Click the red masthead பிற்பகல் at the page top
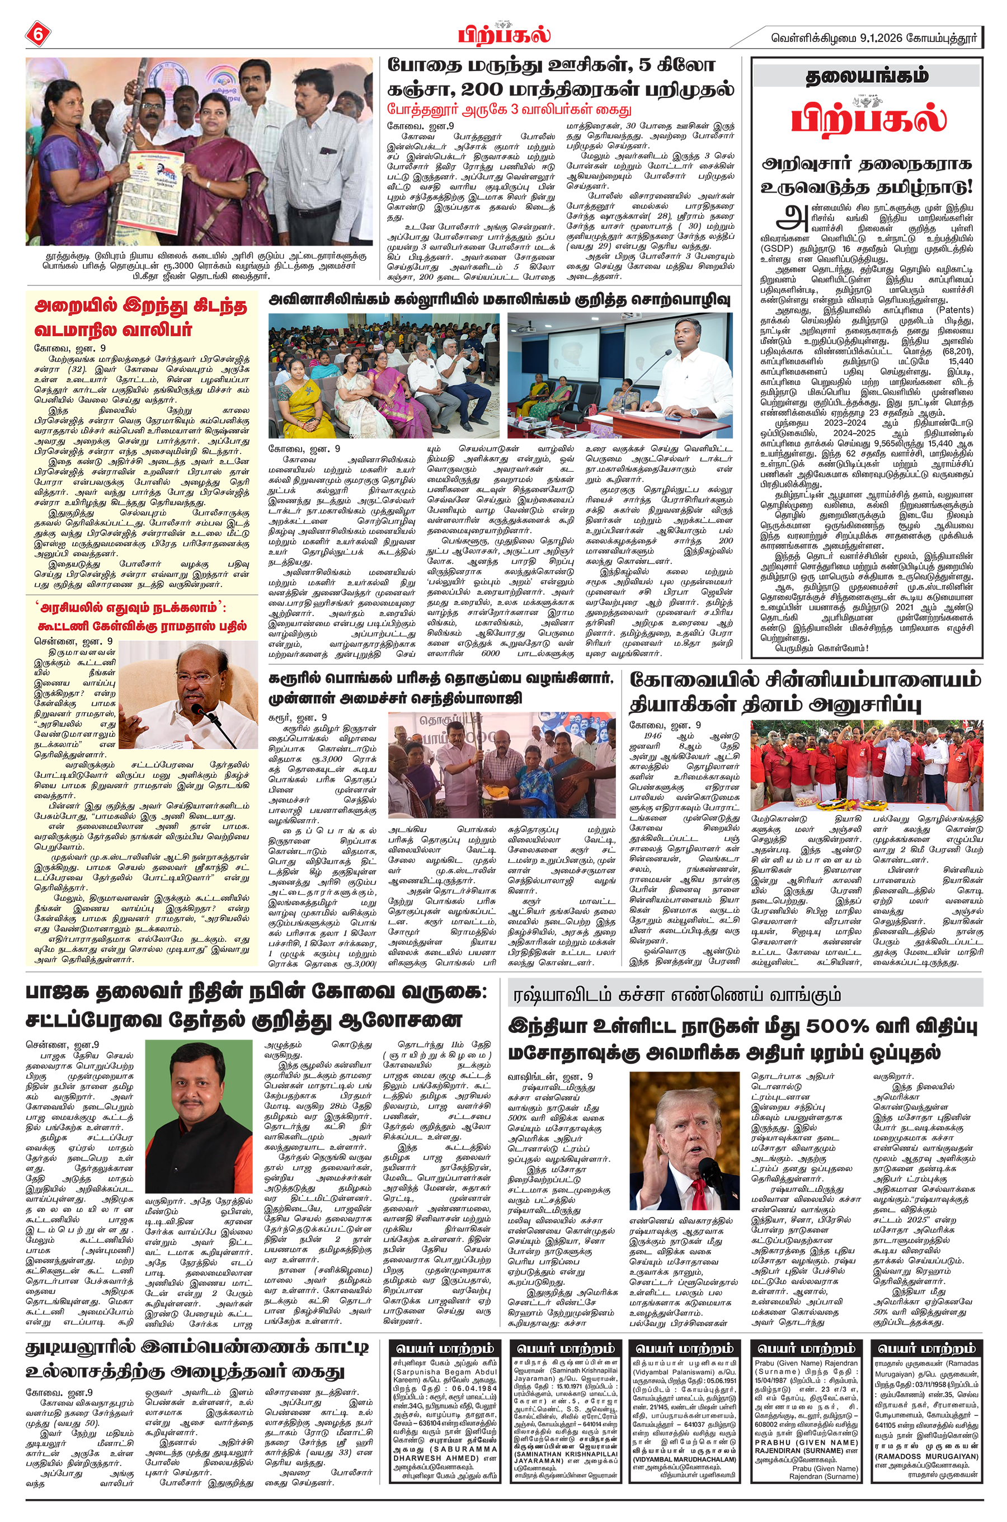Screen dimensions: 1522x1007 click(504, 34)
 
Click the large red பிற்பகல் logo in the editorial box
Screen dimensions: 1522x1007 click(868, 119)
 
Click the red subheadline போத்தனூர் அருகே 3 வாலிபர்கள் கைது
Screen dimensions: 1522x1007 click(509, 109)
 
